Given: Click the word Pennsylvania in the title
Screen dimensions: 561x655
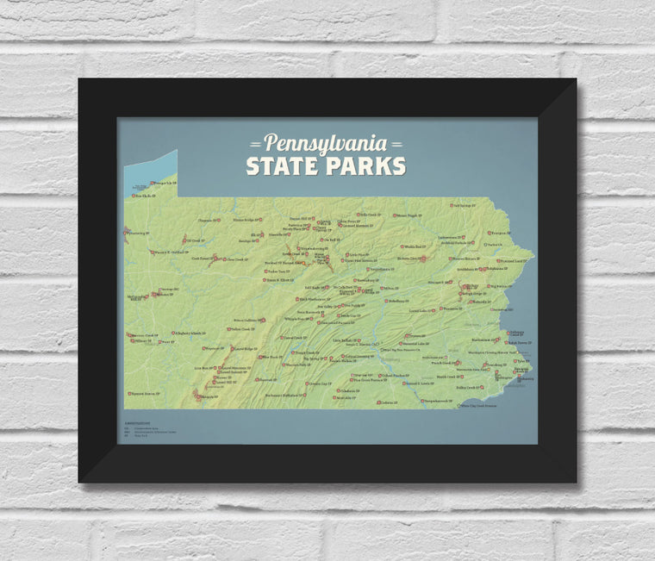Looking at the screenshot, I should coord(325,142).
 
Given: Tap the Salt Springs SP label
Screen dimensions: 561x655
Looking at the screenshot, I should coord(465,206).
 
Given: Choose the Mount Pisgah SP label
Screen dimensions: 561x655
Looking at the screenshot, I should coord(409,215).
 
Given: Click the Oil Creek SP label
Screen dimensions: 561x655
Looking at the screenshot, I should coord(195,240).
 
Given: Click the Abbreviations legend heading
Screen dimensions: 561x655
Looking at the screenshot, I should coord(138,424).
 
